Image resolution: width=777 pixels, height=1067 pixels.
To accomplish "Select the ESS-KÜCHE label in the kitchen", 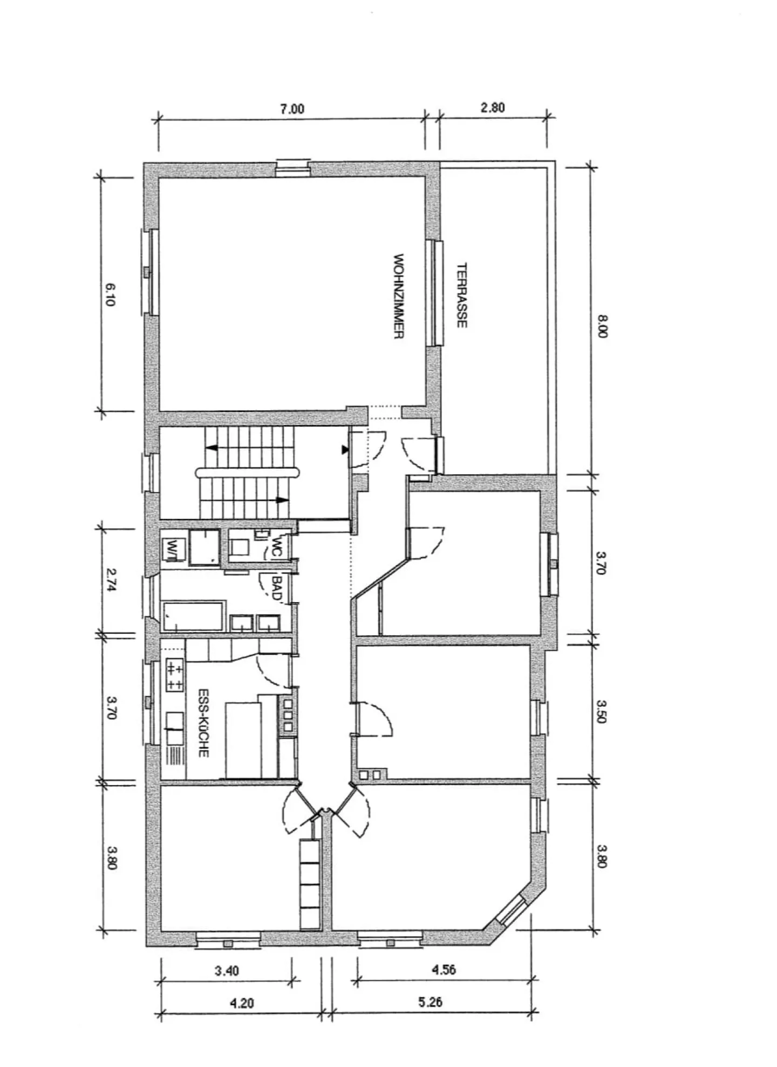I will [x=203, y=722].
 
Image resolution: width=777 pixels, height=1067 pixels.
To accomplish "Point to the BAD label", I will [x=277, y=588].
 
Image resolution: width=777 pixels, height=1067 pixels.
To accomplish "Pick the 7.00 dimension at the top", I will [x=292, y=109].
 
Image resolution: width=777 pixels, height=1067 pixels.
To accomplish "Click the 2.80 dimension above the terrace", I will [x=492, y=107].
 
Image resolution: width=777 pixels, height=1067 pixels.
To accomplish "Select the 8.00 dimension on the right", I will [x=603, y=327].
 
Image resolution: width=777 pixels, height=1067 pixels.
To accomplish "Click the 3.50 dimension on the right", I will [x=603, y=712].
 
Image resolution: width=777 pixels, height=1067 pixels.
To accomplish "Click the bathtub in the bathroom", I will [x=194, y=616].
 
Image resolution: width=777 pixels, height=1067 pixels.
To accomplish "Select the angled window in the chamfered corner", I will [x=510, y=909].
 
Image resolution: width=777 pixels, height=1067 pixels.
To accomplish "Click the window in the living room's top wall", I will [x=292, y=167].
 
